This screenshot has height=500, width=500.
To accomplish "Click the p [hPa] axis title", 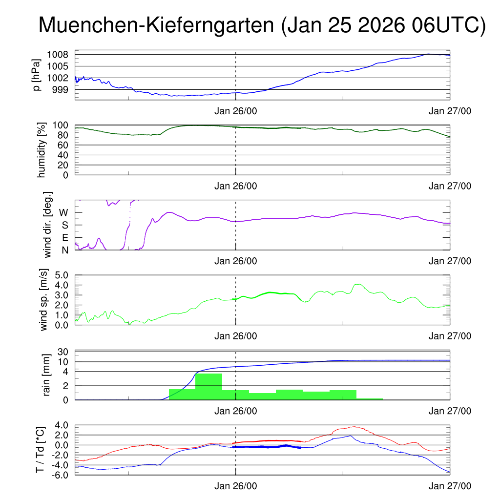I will [x=36, y=75].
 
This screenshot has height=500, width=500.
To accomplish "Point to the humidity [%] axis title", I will [x=41, y=149].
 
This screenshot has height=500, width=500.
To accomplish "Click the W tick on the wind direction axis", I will [x=63, y=212].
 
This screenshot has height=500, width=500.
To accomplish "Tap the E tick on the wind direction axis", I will [x=65, y=238].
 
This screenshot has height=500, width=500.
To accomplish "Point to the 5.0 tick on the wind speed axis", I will [x=61, y=275].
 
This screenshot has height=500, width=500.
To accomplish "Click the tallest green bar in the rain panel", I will [x=208, y=386].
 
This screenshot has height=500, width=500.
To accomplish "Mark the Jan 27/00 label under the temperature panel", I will [x=450, y=486].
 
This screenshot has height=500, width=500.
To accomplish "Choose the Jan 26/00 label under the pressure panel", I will [x=235, y=111].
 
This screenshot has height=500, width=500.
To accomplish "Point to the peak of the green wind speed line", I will [x=358, y=284].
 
